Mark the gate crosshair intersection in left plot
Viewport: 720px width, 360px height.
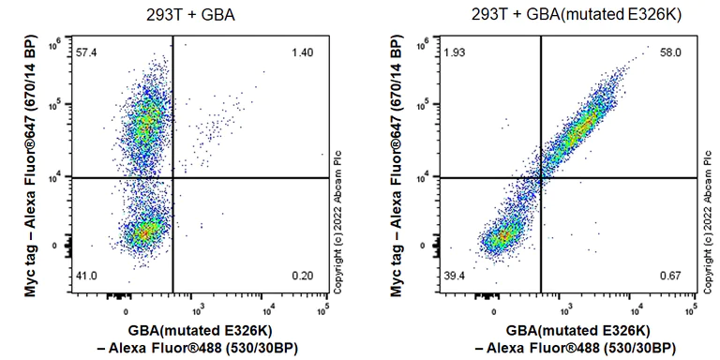click(x=173, y=177)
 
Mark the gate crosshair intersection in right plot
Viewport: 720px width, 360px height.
click(x=542, y=177)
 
